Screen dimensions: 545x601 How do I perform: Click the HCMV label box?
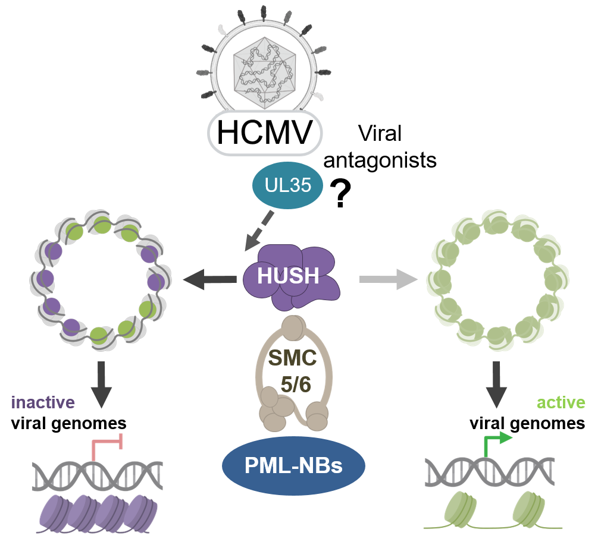(264, 133)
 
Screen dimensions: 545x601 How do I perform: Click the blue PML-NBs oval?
(293, 465)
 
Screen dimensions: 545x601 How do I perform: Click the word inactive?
(43, 402)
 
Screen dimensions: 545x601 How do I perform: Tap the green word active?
(561, 402)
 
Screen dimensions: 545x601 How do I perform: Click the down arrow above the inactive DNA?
(101, 384)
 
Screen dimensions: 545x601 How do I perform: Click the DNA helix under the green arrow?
(490, 473)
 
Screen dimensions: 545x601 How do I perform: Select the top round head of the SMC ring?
(292, 325)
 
